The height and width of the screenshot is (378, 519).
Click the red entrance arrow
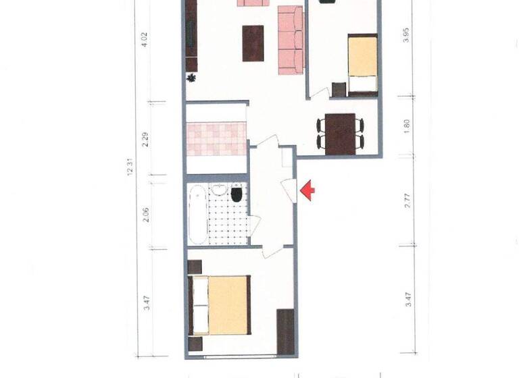[307, 191]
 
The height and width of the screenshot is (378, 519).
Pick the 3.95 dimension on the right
[406, 35]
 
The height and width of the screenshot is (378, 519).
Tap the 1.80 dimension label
[406, 126]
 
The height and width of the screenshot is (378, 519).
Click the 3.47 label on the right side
[407, 300]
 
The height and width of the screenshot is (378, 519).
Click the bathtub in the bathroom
[198, 213]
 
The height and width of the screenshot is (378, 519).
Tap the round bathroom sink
[218, 190]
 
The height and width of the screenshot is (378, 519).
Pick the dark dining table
[341, 134]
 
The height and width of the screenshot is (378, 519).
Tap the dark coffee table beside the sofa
[253, 43]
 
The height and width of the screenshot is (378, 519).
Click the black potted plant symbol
[192, 78]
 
